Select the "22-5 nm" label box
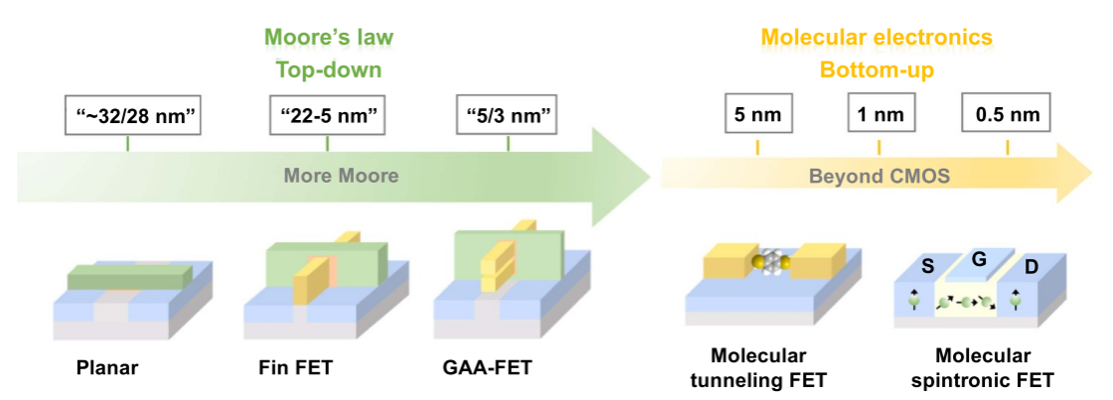click(x=327, y=115)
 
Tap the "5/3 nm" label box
click(x=508, y=115)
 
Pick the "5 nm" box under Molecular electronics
click(x=758, y=114)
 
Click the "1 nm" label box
click(x=879, y=114)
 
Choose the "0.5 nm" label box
click(x=1008, y=114)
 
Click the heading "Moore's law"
click(x=328, y=38)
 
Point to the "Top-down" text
click(x=328, y=70)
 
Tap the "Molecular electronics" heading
click(x=876, y=38)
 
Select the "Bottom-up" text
click(x=876, y=70)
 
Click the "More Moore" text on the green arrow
click(x=341, y=177)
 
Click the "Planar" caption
click(x=107, y=368)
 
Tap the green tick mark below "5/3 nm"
click(x=508, y=144)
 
